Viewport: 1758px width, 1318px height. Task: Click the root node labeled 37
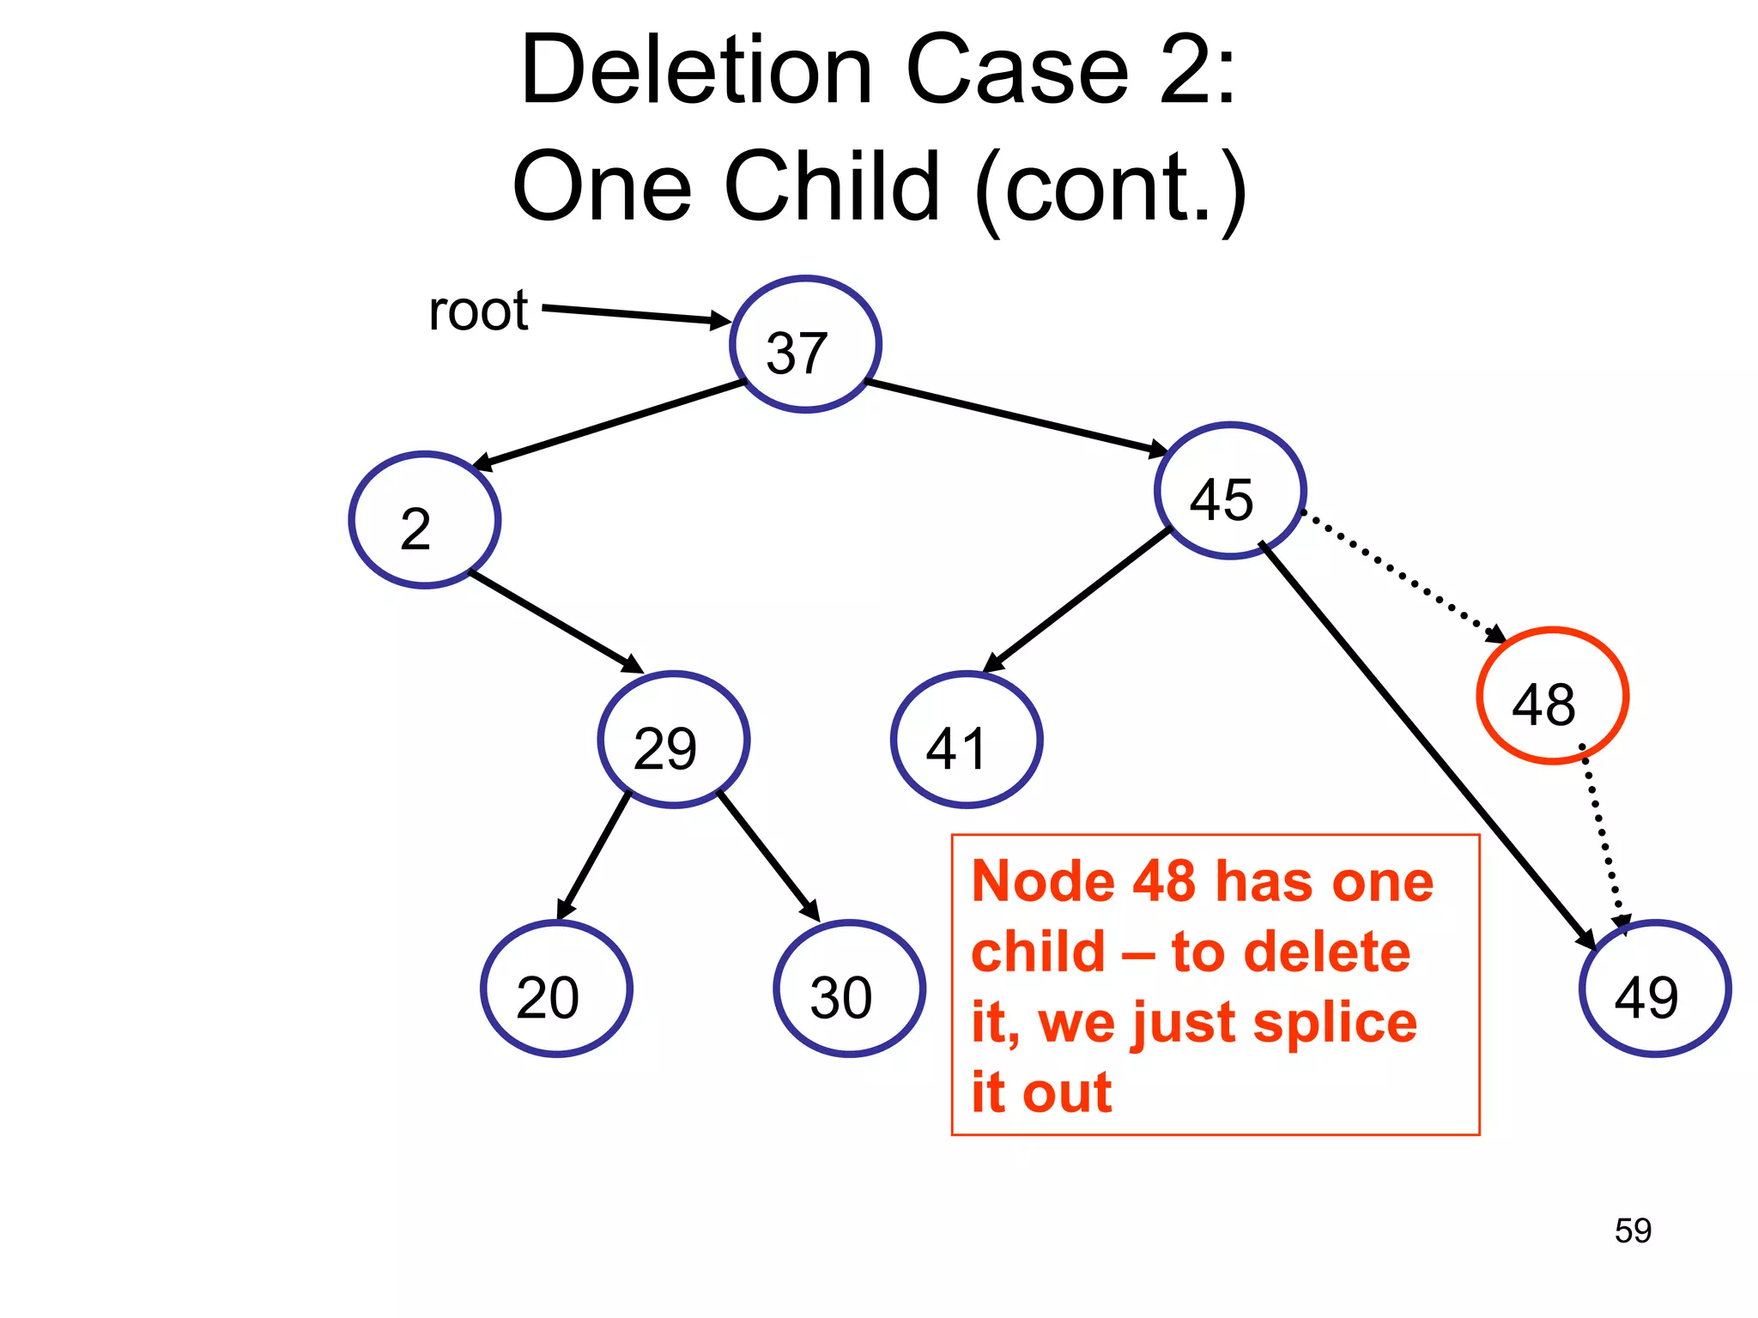[805, 345]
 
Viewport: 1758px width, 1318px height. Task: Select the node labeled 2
[425, 520]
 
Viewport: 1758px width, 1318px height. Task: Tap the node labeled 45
[1230, 491]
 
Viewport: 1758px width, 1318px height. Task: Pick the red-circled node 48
[1552, 696]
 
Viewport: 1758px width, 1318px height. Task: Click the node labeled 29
[674, 740]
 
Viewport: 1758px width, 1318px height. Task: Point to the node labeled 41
[967, 740]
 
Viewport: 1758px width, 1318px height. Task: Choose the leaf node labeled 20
[556, 988]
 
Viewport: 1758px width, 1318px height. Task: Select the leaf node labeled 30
[849, 988]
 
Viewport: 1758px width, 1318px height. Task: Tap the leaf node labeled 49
[1654, 988]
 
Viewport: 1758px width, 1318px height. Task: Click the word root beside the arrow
[478, 311]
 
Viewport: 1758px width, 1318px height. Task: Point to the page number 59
[1633, 1230]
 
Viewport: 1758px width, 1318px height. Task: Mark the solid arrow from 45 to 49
[1425, 743]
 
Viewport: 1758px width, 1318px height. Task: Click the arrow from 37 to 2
[609, 426]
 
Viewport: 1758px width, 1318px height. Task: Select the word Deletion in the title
[696, 70]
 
